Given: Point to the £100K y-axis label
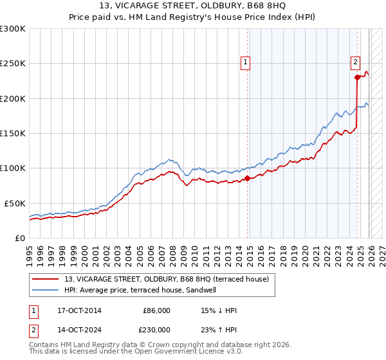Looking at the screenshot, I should pos(13,168).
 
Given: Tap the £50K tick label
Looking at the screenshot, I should pos(15,203).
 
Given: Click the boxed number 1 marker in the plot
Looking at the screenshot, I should pos(246,62).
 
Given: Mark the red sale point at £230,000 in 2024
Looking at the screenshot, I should pos(358,78).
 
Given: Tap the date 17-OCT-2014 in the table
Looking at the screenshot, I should pos(79,310).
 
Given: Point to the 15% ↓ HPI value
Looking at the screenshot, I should pos(219,310).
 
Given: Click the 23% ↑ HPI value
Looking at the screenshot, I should pos(219,329).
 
